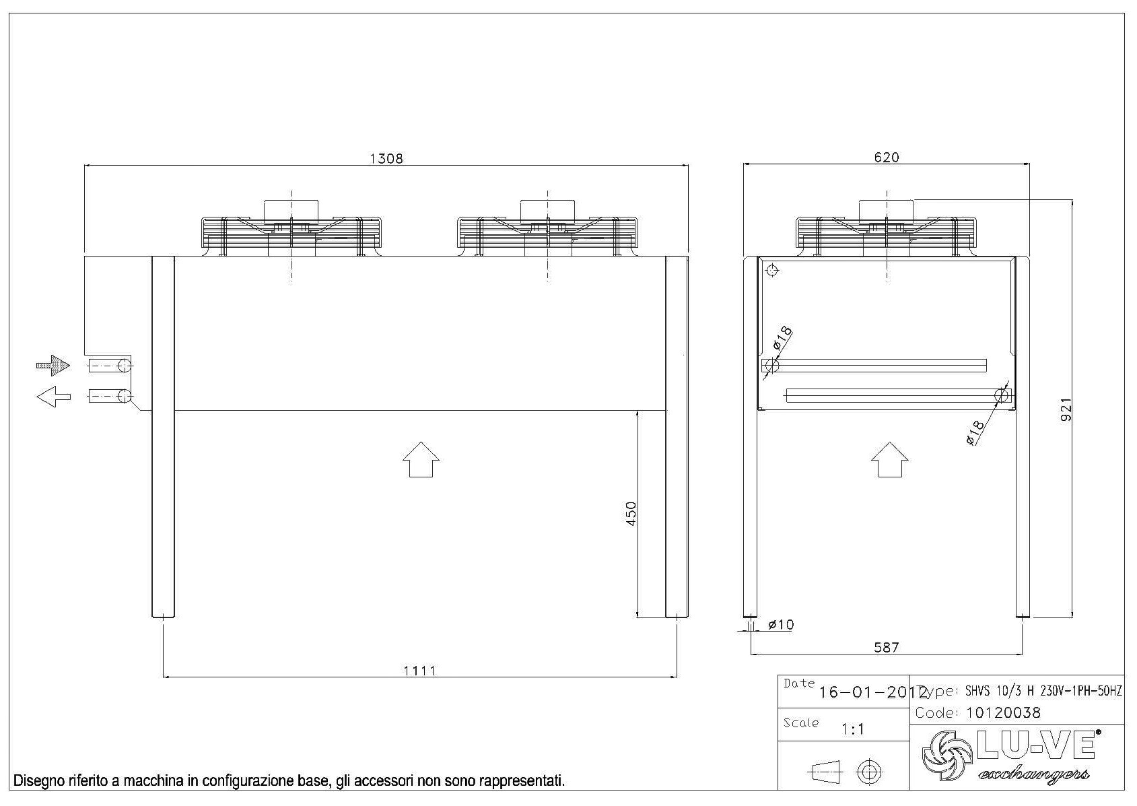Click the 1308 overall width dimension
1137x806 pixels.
386,158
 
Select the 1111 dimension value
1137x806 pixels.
419,670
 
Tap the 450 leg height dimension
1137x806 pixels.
631,514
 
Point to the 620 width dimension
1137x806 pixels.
886,158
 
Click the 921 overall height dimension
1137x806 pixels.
1066,409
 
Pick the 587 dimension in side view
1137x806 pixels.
886,647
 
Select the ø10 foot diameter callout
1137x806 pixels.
780,625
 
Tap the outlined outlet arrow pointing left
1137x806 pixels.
54,397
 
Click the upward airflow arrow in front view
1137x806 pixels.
421,459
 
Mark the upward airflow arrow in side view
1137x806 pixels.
889,459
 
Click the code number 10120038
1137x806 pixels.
1003,712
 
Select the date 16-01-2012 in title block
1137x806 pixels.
872,692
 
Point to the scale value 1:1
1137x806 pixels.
853,729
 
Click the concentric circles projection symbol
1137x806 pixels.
870,771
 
